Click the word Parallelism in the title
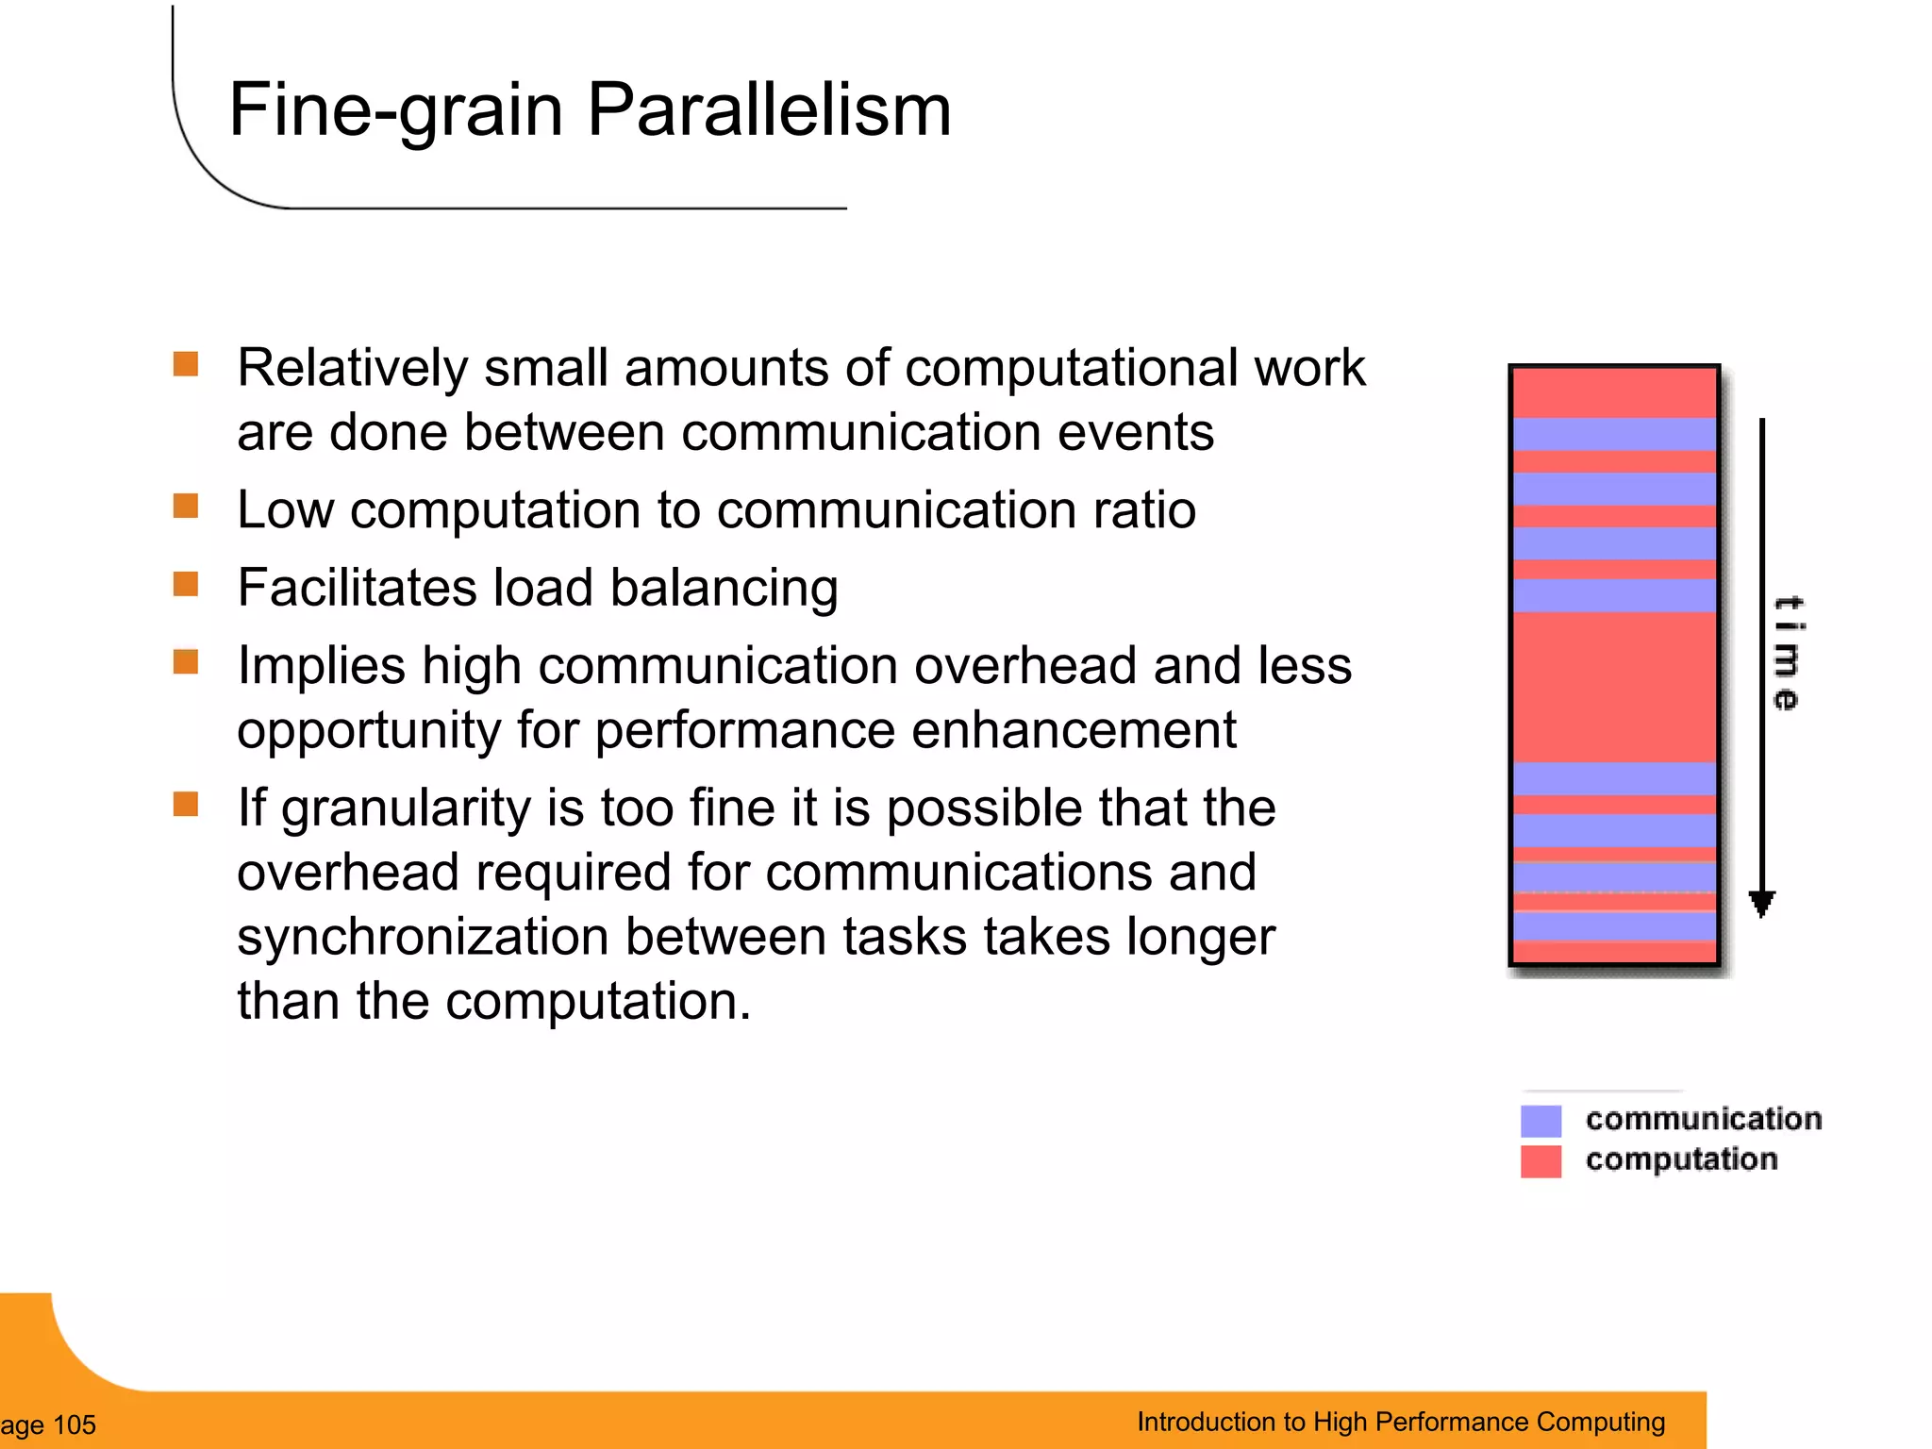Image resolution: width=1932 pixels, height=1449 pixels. pos(769,109)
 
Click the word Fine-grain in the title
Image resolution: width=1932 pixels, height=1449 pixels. pos(396,111)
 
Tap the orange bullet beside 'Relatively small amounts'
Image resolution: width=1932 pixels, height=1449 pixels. pos(186,364)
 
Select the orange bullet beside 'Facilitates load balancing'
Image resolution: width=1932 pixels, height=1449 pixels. pos(186,585)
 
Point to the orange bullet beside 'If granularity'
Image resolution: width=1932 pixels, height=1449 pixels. pos(186,805)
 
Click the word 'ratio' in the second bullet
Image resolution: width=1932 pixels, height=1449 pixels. pos(1144,510)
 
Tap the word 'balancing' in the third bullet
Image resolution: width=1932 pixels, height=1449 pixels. pos(724,589)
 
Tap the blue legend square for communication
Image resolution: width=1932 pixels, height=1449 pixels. pos(1541,1121)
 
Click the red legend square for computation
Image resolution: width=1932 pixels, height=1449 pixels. pos(1541,1161)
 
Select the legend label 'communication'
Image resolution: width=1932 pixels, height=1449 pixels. pos(1703,1119)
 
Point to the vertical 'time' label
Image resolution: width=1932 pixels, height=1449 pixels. pos(1786,653)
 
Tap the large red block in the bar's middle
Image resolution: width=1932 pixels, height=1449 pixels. pos(1614,687)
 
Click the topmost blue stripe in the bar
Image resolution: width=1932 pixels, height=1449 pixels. pos(1614,434)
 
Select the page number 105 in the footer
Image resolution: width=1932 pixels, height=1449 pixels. pos(74,1424)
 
